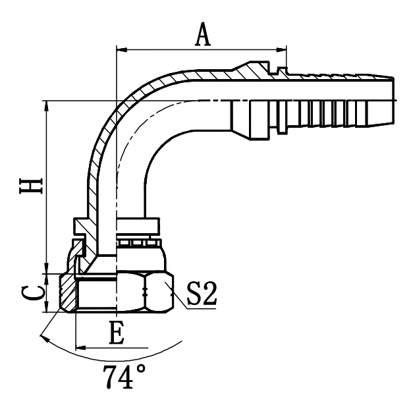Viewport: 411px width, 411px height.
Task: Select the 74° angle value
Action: (124, 376)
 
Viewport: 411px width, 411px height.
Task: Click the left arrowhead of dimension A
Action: (121, 49)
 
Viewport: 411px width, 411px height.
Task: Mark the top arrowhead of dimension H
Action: (46, 106)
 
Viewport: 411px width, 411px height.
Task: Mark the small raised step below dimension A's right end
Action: (283, 69)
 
